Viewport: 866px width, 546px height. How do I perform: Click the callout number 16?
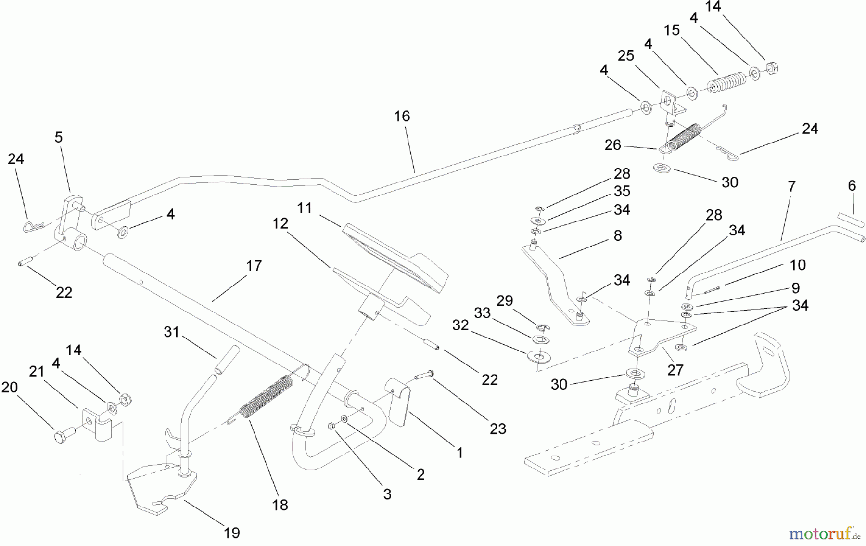pyautogui.click(x=402, y=116)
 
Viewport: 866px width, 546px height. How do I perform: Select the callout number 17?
pyautogui.click(x=254, y=266)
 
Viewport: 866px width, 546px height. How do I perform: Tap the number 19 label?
pyautogui.click(x=231, y=533)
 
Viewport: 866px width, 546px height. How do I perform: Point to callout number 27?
pyautogui.click(x=675, y=370)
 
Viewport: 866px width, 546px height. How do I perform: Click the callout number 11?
pyautogui.click(x=305, y=208)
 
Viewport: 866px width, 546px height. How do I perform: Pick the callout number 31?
pyautogui.click(x=171, y=332)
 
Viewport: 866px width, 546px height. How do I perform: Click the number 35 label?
pyautogui.click(x=622, y=191)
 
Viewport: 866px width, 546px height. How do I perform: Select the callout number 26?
pyautogui.click(x=612, y=145)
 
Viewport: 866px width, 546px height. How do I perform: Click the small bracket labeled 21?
pyautogui.click(x=98, y=423)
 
